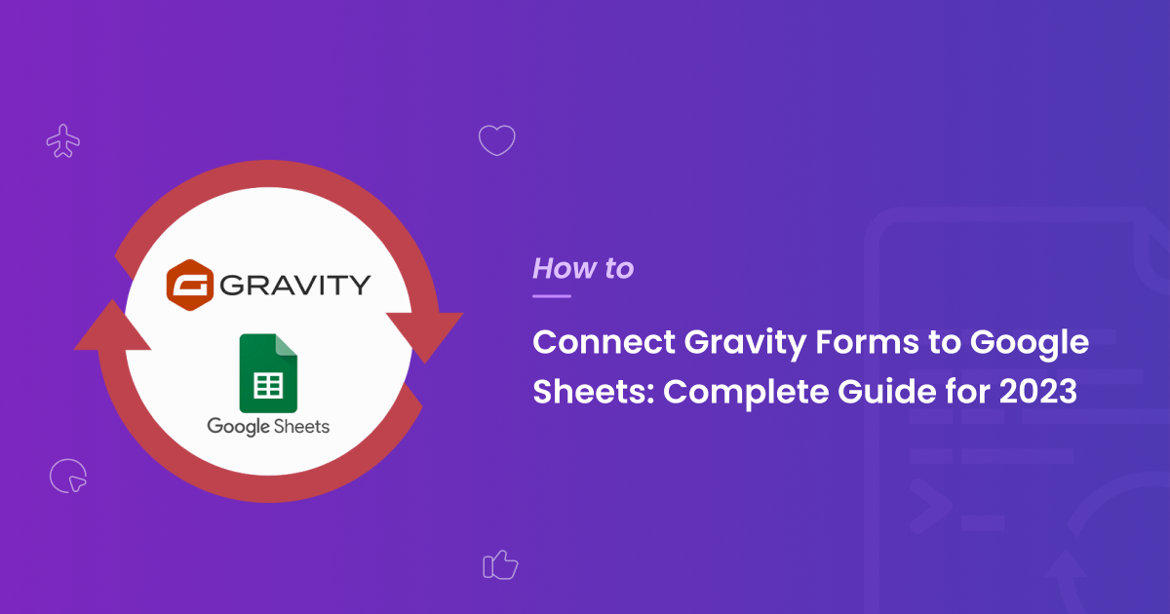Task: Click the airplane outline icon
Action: click(x=63, y=141)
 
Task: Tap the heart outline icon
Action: click(x=496, y=140)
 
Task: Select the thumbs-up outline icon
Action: click(x=500, y=565)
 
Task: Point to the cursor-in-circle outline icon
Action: click(x=68, y=476)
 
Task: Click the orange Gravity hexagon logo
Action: click(x=189, y=285)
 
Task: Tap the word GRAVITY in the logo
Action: click(x=295, y=285)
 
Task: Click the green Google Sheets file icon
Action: click(x=268, y=373)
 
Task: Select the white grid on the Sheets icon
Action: click(x=268, y=385)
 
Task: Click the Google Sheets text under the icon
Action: click(x=268, y=427)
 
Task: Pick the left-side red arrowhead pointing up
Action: click(x=112, y=326)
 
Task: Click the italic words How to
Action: click(x=583, y=268)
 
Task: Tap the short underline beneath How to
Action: click(x=552, y=296)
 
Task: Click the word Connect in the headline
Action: click(x=604, y=342)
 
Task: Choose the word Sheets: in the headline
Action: click(x=594, y=392)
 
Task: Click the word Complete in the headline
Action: click(x=746, y=393)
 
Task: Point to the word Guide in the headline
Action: click(x=887, y=392)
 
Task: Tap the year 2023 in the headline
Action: click(x=1037, y=392)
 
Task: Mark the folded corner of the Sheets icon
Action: click(x=287, y=345)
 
